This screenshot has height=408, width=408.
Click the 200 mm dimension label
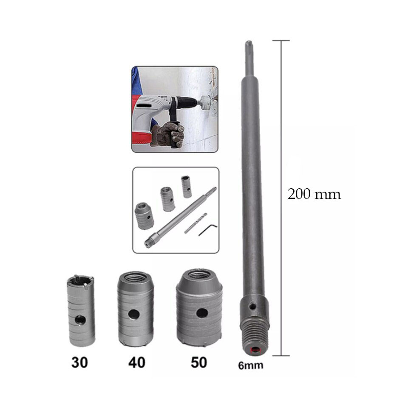314,194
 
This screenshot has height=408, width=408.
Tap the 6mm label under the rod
251,365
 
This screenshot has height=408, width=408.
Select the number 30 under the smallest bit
79,362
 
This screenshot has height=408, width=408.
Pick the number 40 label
136,362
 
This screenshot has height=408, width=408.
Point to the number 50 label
199,362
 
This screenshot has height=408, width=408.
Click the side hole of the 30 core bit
80,320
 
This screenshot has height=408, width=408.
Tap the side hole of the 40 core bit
134,314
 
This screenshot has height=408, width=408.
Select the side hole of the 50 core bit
202,313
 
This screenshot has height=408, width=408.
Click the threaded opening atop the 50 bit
199,275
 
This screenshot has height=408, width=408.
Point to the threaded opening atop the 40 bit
134,278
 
